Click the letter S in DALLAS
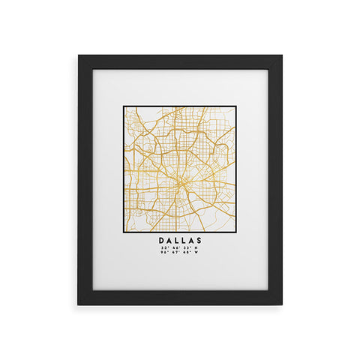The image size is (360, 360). pos(199,241)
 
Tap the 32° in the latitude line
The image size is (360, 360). pos(163,247)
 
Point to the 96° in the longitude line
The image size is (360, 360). pos(163,252)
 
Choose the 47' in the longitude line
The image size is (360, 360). pos(174,252)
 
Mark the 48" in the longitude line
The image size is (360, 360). pos(185,252)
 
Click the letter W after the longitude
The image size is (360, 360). pos(197,252)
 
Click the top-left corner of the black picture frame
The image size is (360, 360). pos(79,55)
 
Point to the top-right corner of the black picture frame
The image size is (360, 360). pos(281,55)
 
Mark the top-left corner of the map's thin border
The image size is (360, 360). pos(124,106)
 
